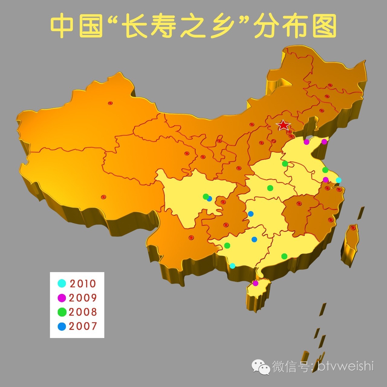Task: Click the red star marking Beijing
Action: pos(283,125)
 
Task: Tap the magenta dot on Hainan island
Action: pos(255,283)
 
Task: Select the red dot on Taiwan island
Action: pos(353,228)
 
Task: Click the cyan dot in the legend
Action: pos(62,284)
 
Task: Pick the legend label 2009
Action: pos(83,298)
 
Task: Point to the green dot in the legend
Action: pos(62,312)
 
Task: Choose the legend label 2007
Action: pos(83,326)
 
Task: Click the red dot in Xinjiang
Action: pos(110,103)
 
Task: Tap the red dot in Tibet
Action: pos(103,197)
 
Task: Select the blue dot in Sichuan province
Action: pos(210,199)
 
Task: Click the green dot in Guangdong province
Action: pos(284,256)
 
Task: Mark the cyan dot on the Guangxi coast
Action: pos(233,266)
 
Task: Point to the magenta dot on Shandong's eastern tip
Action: pos(324,141)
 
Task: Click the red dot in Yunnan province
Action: pos(191,238)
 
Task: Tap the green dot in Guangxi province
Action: pos(227,246)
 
